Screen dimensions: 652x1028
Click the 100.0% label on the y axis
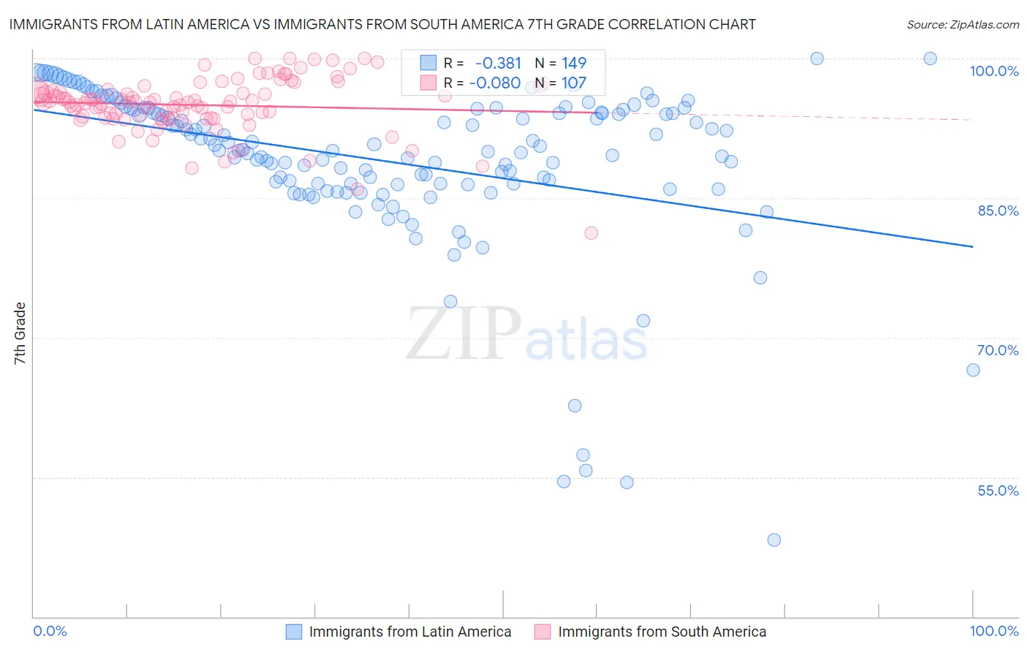coord(994,71)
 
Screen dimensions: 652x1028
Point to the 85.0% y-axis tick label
coord(998,211)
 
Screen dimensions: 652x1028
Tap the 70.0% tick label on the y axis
coord(997,350)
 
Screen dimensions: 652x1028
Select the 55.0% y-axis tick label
coord(997,490)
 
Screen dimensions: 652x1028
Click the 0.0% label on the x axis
coord(50,631)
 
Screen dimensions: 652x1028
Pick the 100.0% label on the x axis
coord(994,631)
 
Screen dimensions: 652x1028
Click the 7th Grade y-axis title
coord(20,333)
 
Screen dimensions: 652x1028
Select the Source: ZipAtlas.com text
coord(962,24)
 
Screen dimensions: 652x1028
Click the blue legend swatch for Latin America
coord(294,632)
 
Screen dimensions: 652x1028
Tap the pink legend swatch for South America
coord(543,632)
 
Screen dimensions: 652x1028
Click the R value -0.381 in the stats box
coord(498,64)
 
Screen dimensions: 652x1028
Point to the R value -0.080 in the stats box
coord(494,83)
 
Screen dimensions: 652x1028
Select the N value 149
coord(574,64)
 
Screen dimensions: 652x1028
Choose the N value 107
coord(574,83)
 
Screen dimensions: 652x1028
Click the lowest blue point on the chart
coord(774,540)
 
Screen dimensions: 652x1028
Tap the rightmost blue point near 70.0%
coord(973,370)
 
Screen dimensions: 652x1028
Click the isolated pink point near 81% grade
coord(591,233)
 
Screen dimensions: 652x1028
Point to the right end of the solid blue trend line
coord(973,247)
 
